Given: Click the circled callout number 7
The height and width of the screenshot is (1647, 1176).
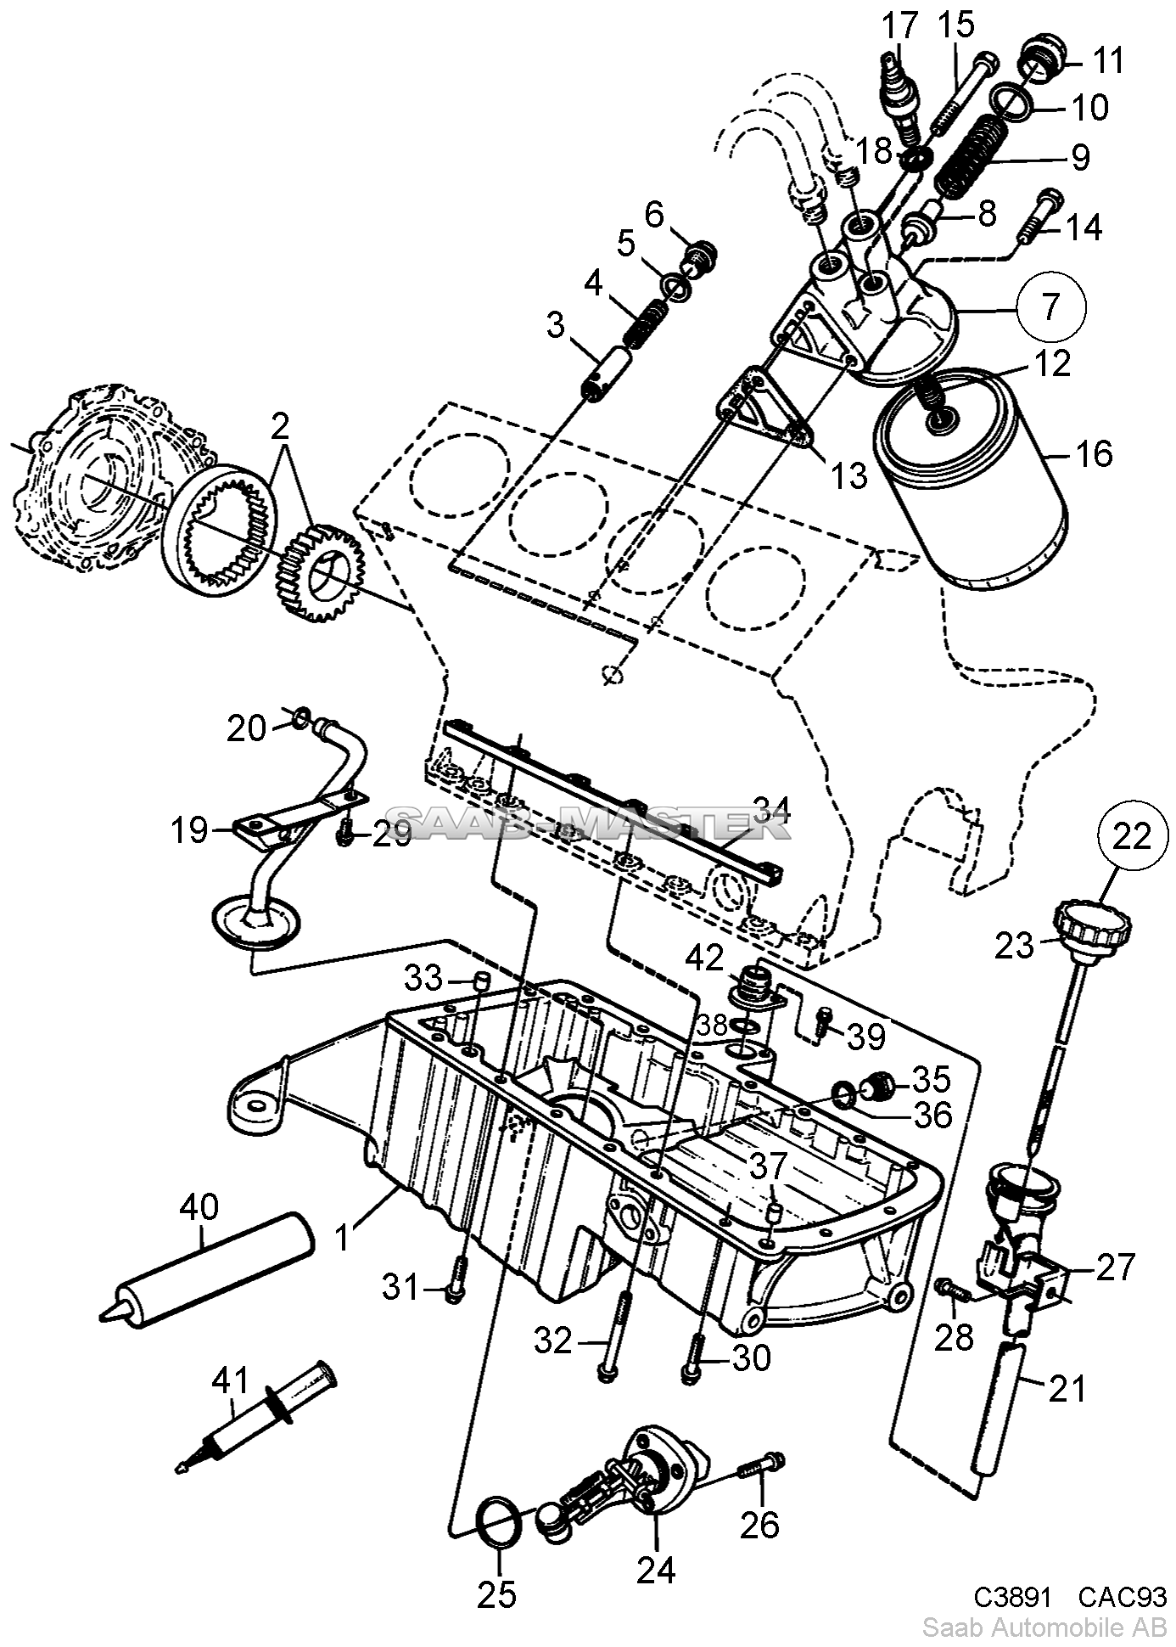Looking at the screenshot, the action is (1050, 306).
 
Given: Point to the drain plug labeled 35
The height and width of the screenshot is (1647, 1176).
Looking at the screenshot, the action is (878, 1084).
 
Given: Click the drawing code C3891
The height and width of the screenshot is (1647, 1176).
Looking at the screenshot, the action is (1011, 1597).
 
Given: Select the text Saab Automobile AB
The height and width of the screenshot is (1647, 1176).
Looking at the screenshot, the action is (1044, 1627).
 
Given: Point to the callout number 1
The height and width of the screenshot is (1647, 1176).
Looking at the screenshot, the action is (342, 1237).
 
